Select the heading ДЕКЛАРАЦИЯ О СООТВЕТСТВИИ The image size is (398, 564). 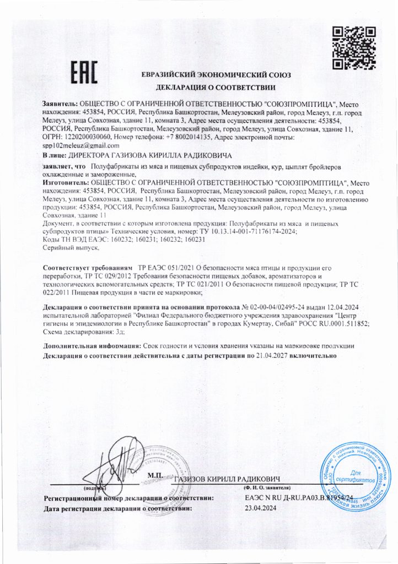216,88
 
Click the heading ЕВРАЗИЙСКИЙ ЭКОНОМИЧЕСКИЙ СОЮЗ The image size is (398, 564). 216,75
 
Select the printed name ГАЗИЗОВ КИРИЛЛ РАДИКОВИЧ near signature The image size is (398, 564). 228,479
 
